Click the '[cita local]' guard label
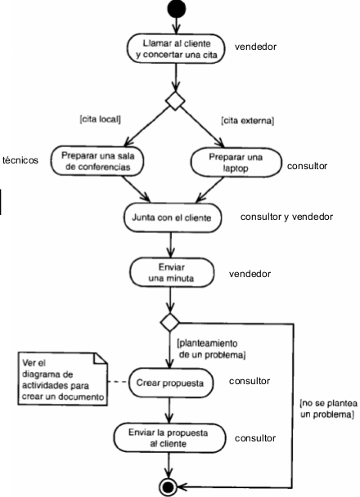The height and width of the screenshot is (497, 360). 101,120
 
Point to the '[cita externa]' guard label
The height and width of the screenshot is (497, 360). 246,120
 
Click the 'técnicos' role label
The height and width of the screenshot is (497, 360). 20,160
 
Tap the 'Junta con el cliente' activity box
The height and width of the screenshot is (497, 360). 172,219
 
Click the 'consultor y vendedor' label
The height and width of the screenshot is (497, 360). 286,217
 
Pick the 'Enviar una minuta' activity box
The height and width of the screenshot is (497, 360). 170,273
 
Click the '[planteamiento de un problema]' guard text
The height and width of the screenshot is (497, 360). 210,350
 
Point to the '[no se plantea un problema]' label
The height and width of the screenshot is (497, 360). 326,410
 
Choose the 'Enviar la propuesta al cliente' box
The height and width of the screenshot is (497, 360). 170,437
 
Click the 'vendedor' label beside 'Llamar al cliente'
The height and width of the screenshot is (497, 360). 255,47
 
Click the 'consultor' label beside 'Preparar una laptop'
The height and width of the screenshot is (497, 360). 307,166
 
